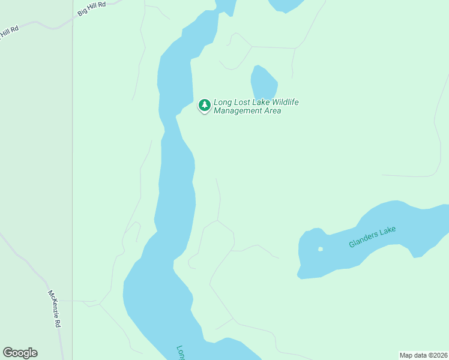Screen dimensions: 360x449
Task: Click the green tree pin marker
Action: tap(205, 106)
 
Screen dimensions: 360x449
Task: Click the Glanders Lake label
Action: tap(373, 237)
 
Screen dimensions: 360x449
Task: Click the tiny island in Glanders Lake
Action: tap(321, 249)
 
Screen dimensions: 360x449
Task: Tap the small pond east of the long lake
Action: tap(263, 83)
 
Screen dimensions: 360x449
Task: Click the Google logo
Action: tap(20, 353)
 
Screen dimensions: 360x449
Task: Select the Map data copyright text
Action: tap(424, 355)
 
